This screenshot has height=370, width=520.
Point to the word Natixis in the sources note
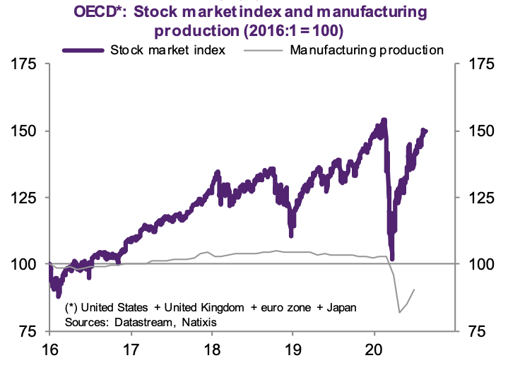click(199, 321)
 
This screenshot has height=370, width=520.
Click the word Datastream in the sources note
click(142, 321)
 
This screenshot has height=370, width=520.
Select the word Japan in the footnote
click(342, 308)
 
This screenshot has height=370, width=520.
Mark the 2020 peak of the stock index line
click(384, 120)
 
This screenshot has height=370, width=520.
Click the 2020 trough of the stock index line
click(391, 258)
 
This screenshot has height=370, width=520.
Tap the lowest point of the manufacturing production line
click(400, 312)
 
